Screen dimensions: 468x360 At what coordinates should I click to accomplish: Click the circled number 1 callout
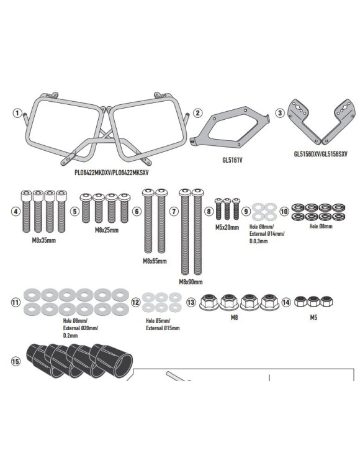click(17, 113)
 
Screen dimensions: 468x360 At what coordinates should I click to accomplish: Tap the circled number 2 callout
click(197, 113)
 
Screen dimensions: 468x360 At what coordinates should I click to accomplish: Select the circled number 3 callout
click(281, 113)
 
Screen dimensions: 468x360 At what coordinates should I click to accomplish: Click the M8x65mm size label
click(155, 261)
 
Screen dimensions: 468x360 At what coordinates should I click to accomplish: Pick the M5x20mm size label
click(227, 228)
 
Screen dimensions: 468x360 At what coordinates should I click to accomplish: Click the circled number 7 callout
click(174, 212)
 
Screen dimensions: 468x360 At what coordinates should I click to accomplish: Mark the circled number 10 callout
click(284, 211)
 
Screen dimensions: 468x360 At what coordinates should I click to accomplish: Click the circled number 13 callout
click(191, 302)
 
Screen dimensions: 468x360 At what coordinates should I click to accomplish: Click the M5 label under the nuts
click(315, 317)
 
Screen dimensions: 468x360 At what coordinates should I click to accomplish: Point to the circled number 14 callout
click(286, 302)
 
